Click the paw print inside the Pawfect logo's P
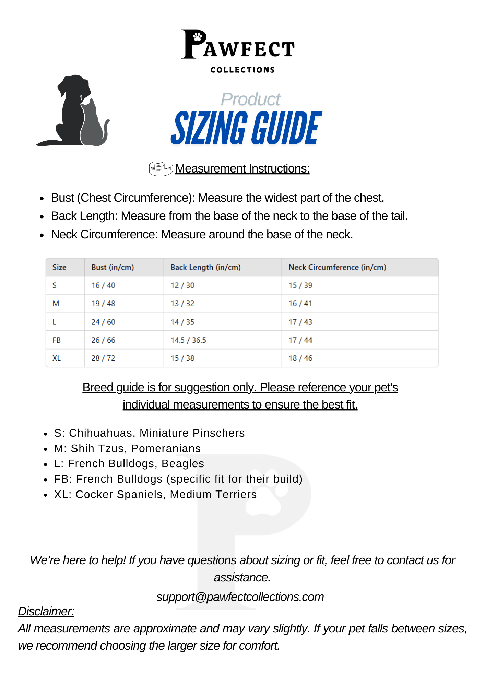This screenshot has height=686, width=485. tap(198, 36)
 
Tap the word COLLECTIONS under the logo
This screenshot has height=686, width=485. tap(242, 70)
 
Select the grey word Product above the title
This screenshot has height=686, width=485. tap(250, 99)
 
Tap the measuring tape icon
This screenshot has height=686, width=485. tap(161, 168)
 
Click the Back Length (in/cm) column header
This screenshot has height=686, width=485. tap(205, 267)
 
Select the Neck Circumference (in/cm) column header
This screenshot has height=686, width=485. tap(337, 267)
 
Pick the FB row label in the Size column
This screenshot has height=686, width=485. tap(57, 340)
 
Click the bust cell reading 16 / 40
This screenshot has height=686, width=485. tap(103, 285)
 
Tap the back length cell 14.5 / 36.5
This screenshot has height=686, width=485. tap(188, 340)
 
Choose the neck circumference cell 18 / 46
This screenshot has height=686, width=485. tap(300, 358)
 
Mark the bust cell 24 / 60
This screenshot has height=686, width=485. tap(103, 322)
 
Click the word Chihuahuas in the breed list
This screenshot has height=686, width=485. tap(100, 433)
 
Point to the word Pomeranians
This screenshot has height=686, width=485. tap(166, 448)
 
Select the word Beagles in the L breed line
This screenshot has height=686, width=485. tap(183, 463)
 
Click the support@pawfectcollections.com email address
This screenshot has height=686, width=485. tap(240, 597)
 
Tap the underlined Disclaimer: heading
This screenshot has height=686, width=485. tap(46, 611)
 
